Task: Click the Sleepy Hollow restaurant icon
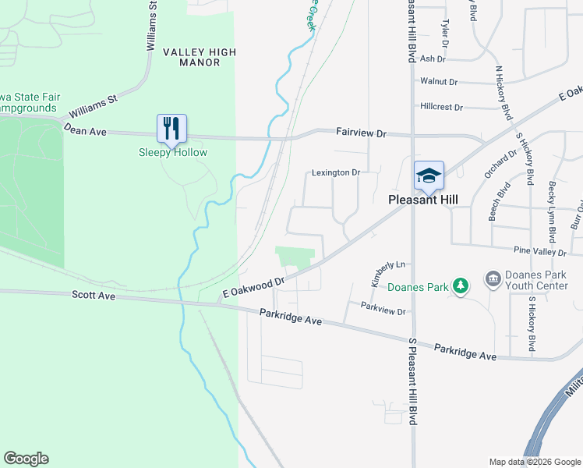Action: [172, 129]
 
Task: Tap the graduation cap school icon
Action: [429, 175]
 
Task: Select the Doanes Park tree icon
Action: [461, 287]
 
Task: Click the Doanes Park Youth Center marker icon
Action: [492, 278]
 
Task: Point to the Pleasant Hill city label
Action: [423, 200]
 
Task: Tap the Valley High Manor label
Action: [199, 57]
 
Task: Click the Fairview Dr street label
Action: [361, 133]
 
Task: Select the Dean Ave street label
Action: [85, 130]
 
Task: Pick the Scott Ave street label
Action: [94, 296]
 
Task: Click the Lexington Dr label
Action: [336, 172]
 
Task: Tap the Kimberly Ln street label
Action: [389, 274]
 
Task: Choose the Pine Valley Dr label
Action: [539, 252]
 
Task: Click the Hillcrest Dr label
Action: [441, 107]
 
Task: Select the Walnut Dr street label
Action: [437, 81]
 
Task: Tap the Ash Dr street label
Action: [433, 58]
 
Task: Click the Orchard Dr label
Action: [500, 164]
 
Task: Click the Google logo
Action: [26, 459]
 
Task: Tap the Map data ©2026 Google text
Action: [534, 462]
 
